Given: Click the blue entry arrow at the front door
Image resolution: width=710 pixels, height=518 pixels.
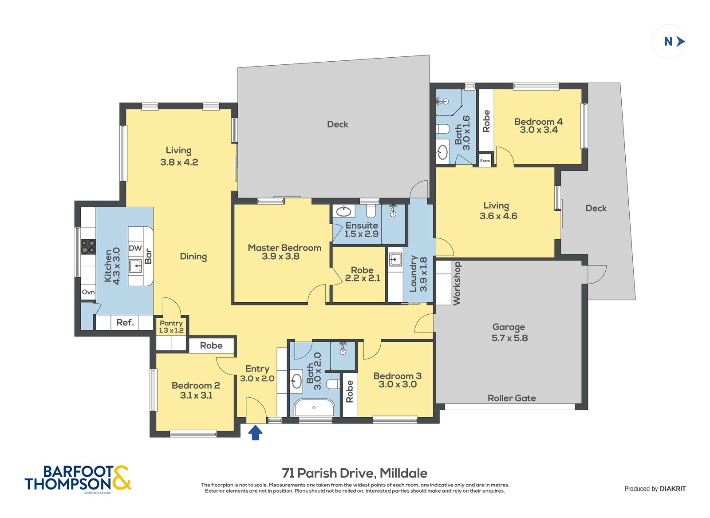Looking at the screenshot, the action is [255, 433].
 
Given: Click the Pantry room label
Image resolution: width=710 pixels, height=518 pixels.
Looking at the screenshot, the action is [171, 323].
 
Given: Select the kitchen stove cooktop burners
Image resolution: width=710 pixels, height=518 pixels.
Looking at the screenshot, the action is [88, 247].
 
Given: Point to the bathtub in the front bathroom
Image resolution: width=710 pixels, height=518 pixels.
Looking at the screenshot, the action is [314, 407].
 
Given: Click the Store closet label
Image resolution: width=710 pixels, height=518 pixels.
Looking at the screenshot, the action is [485, 161].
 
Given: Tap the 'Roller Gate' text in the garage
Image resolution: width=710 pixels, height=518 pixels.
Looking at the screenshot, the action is [512, 398].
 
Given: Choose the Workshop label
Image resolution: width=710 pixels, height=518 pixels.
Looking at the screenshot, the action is [457, 284].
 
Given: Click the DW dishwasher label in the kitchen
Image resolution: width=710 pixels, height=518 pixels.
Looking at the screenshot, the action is [135, 248].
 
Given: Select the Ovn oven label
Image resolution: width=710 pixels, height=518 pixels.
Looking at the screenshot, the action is [88, 292].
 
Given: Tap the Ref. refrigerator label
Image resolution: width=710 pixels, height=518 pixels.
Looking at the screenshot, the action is [125, 323].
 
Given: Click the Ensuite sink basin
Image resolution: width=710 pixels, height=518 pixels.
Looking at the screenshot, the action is [343, 211].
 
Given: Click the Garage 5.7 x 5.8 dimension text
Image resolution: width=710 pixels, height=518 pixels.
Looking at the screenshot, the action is [510, 338].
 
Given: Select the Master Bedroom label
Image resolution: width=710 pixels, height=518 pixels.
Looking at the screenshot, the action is [284, 248].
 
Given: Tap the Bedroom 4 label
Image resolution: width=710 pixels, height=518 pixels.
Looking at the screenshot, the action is [539, 122].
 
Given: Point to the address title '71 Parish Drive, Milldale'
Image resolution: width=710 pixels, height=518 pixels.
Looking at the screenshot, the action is [355, 473].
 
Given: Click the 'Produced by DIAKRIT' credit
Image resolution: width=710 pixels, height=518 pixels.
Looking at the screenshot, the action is [655, 489].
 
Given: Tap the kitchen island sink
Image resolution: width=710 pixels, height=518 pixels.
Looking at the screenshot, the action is [136, 265].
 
